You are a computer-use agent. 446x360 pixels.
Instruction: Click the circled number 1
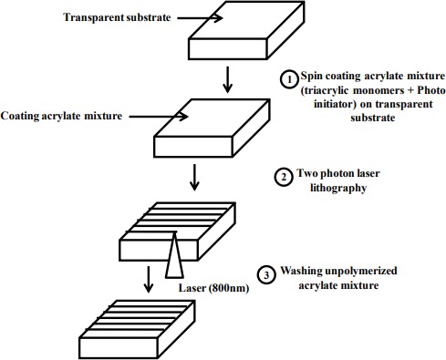pyautogui.click(x=289, y=79)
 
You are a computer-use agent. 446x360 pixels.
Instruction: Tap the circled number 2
pyautogui.click(x=284, y=177)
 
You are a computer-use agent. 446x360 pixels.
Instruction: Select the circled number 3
pyautogui.click(x=266, y=274)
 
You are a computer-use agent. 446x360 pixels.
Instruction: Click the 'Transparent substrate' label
pyautogui.click(x=117, y=17)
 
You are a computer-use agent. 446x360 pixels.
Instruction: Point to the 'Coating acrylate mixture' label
pyautogui.click(x=61, y=116)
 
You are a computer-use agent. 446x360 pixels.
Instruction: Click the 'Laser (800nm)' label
pyautogui.click(x=213, y=288)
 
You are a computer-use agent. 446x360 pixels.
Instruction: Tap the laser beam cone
pyautogui.click(x=174, y=255)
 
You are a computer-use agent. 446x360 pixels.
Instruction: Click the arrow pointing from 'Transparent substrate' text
pyautogui.click(x=200, y=18)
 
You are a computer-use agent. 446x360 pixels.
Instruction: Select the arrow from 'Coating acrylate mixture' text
pyautogui.click(x=159, y=117)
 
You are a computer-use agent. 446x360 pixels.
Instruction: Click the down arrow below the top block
pyautogui.click(x=227, y=79)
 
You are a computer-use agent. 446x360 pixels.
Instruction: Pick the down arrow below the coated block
pyautogui.click(x=194, y=178)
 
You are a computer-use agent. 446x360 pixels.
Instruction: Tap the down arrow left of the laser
pyautogui.click(x=148, y=279)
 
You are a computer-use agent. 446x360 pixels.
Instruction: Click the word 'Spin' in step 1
pyautogui.click(x=311, y=76)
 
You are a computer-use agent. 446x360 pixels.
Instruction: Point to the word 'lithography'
pyautogui.click(x=338, y=188)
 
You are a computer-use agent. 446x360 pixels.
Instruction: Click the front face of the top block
pyautogui.click(x=228, y=48)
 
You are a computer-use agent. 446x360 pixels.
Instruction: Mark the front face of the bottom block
pyautogui.click(x=119, y=348)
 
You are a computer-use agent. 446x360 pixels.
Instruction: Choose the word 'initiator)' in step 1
pyautogui.click(x=335, y=104)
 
